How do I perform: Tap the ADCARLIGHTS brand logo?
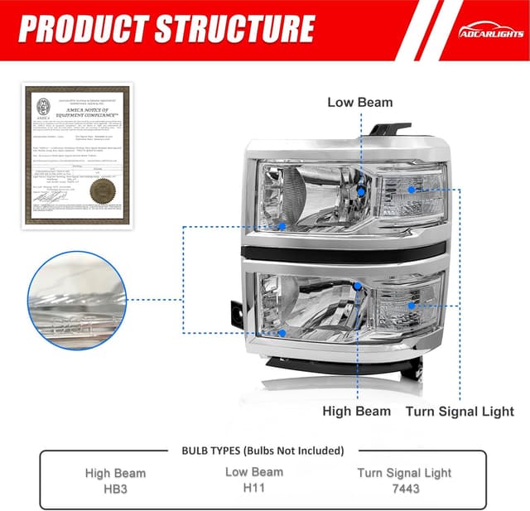pos(489,31)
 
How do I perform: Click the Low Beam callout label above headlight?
pos(360,103)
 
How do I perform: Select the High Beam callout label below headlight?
pos(356,411)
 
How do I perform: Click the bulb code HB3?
pos(115,489)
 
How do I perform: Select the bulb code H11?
pos(253,489)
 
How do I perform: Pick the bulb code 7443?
pos(405,489)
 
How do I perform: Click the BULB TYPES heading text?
pos(263,451)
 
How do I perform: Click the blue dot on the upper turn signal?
pos(412,190)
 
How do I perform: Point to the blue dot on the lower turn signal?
pos(412,305)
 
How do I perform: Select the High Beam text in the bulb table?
pos(115,474)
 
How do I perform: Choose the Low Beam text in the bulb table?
pos(253,472)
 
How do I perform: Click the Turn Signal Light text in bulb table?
pos(405,474)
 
